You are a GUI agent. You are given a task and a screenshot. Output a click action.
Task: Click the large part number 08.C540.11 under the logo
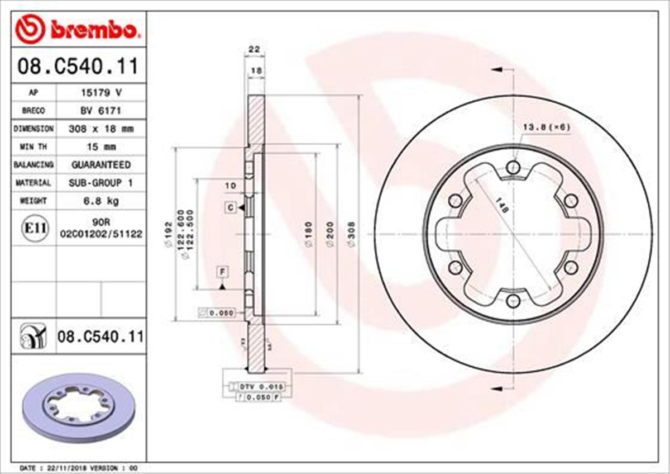pyautogui.click(x=78, y=67)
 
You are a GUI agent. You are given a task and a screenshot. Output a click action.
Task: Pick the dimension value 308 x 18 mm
pyautogui.click(x=101, y=129)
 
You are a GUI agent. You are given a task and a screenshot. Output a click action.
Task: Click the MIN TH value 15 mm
pyautogui.click(x=101, y=146)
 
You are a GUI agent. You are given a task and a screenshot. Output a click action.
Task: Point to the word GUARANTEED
pyautogui.click(x=101, y=164)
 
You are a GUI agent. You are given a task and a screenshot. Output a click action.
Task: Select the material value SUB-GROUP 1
pyautogui.click(x=101, y=182)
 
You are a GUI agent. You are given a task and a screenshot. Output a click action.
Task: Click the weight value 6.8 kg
pyautogui.click(x=101, y=200)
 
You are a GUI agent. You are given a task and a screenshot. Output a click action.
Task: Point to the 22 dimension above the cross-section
pyautogui.click(x=255, y=50)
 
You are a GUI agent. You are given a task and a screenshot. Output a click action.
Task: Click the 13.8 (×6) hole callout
pyautogui.click(x=545, y=127)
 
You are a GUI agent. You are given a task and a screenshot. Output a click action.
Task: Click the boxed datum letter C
pyautogui.click(x=230, y=208)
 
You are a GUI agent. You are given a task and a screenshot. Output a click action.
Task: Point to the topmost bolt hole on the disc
pyautogui.click(x=513, y=167)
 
